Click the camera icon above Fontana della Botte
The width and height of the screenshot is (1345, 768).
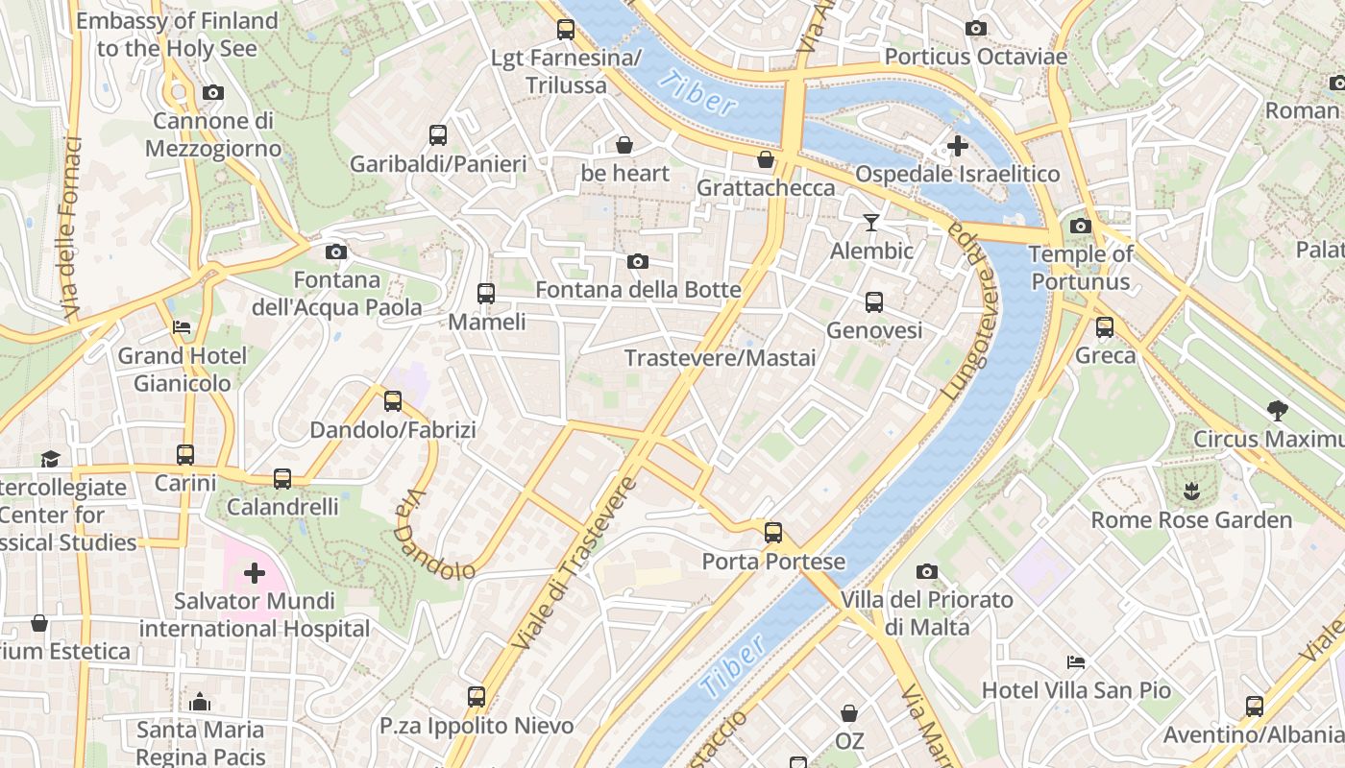coord(637,262)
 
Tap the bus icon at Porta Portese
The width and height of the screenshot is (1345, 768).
coord(773,532)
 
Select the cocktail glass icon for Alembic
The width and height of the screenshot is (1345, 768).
coord(870,223)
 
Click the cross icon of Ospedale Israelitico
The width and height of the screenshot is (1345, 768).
coord(957,146)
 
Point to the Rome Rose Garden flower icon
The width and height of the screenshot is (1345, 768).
coord(1191,492)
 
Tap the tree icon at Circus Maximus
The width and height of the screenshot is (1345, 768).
coord(1277,411)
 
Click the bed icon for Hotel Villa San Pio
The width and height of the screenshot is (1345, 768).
coord(1076,662)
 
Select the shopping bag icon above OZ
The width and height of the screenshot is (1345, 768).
coord(849,713)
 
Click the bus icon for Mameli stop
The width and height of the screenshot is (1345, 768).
coord(486,294)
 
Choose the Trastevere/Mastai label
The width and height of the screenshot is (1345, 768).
coord(720,358)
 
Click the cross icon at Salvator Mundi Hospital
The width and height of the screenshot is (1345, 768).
coord(254,574)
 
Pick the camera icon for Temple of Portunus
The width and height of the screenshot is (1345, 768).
coord(1080,227)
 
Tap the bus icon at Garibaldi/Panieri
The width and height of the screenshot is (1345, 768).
coord(438,135)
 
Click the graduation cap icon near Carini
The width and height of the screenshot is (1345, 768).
coord(50,460)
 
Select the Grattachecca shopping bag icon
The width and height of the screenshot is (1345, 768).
coord(766,159)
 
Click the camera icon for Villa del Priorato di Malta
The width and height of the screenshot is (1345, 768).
coord(926,572)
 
